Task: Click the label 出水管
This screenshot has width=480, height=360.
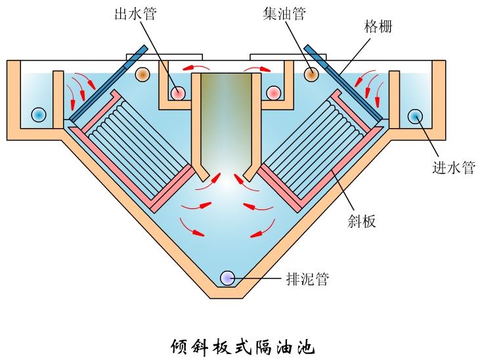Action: coord(135,14)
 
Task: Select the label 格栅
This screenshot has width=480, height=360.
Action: coord(378,27)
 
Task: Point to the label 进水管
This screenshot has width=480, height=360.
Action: coord(452,168)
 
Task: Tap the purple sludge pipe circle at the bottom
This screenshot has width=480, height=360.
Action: coord(228,278)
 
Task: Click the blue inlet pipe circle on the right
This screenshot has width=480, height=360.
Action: coord(416,116)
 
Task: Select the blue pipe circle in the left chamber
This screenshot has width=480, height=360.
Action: coord(39,114)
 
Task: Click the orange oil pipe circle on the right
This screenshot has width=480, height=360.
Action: coord(311,74)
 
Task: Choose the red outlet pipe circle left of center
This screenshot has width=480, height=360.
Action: coord(178,93)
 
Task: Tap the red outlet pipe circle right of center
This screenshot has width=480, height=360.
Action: coord(274,93)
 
